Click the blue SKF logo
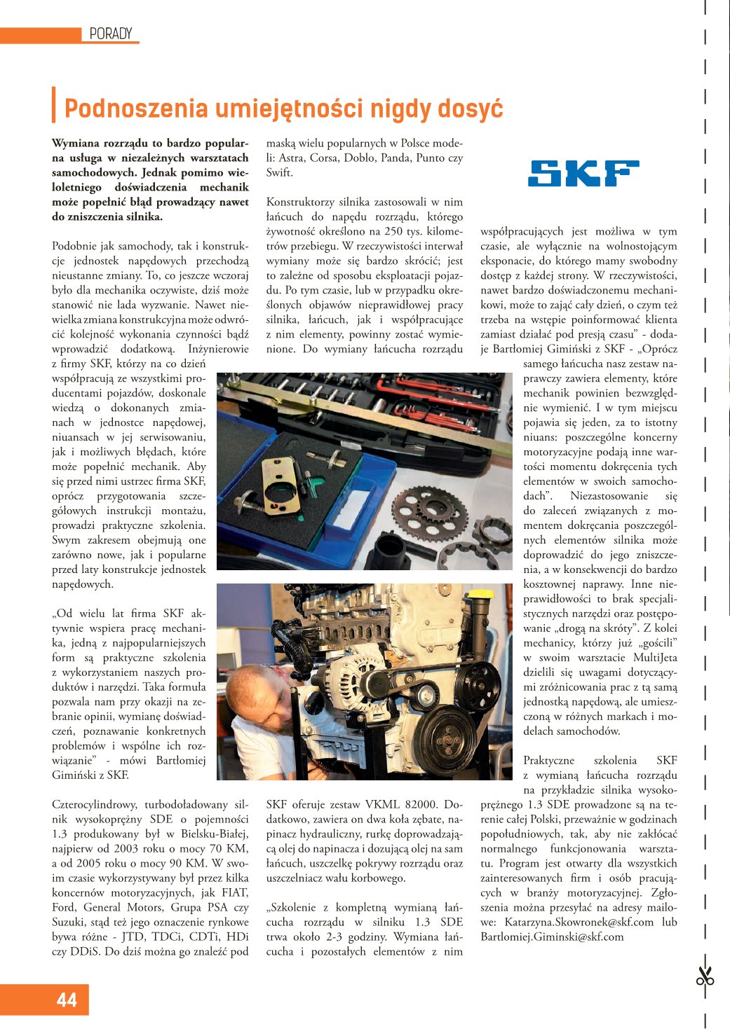583,173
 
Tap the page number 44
67,1000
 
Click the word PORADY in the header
111,34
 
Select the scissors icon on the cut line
705,976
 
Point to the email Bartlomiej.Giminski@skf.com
552,937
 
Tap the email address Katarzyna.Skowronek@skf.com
579,922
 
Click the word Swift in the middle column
279,172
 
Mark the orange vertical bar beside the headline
54,105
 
